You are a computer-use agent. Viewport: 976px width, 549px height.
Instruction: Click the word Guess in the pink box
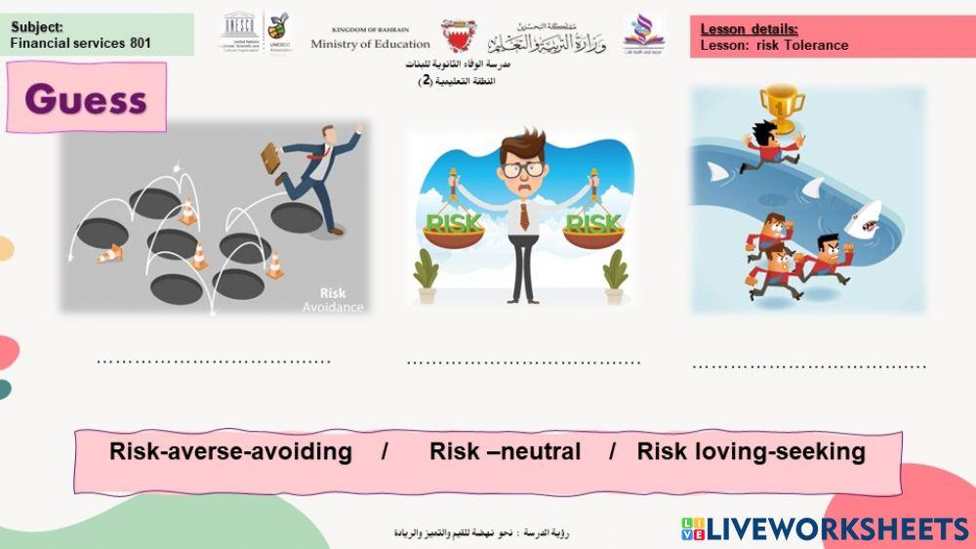[x=86, y=99]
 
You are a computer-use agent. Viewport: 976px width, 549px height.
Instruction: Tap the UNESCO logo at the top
[x=239, y=32]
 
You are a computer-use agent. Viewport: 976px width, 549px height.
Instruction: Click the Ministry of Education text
[x=370, y=43]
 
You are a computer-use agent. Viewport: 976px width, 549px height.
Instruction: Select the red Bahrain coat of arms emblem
[x=458, y=35]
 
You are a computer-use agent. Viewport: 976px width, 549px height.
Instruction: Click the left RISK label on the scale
[x=454, y=223]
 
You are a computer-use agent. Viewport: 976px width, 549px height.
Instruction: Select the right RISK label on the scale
[x=593, y=223]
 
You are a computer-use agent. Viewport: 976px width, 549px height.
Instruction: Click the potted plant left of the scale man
[x=426, y=276]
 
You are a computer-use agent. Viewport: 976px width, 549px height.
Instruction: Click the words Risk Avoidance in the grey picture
[x=340, y=299]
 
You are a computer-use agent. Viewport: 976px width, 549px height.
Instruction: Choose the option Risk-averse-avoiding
[x=230, y=451]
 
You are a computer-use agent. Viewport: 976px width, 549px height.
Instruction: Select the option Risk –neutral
[x=505, y=451]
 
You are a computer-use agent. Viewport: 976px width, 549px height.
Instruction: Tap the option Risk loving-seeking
[x=751, y=451]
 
